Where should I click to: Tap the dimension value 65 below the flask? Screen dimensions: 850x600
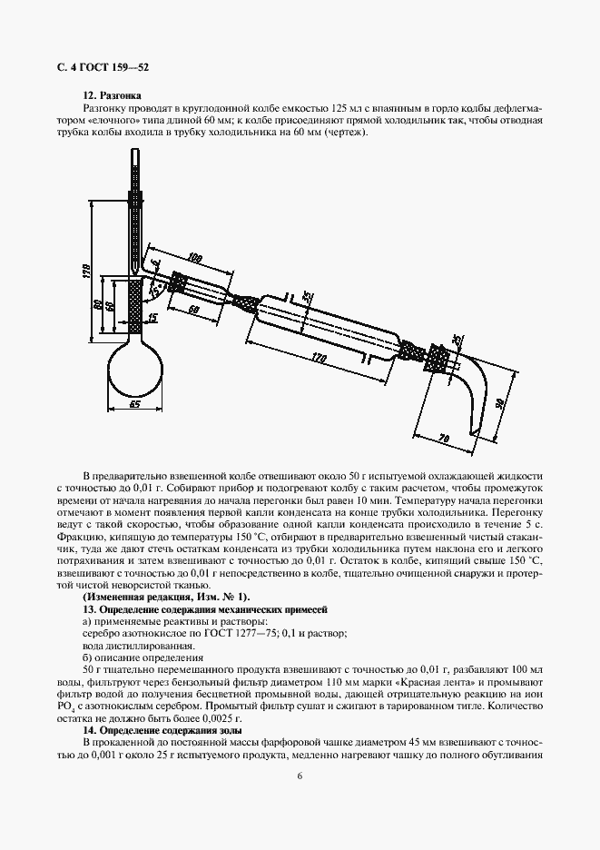pos(136,404)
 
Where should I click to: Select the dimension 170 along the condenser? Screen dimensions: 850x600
pos(317,360)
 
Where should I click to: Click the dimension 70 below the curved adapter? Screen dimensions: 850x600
pos(446,439)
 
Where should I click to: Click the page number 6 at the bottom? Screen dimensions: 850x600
pos(300,775)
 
